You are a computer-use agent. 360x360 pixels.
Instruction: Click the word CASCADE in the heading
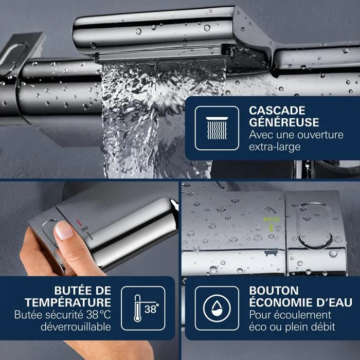277,110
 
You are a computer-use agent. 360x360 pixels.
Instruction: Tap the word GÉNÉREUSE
284,122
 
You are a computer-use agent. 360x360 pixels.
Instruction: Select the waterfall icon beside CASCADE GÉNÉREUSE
217,128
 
